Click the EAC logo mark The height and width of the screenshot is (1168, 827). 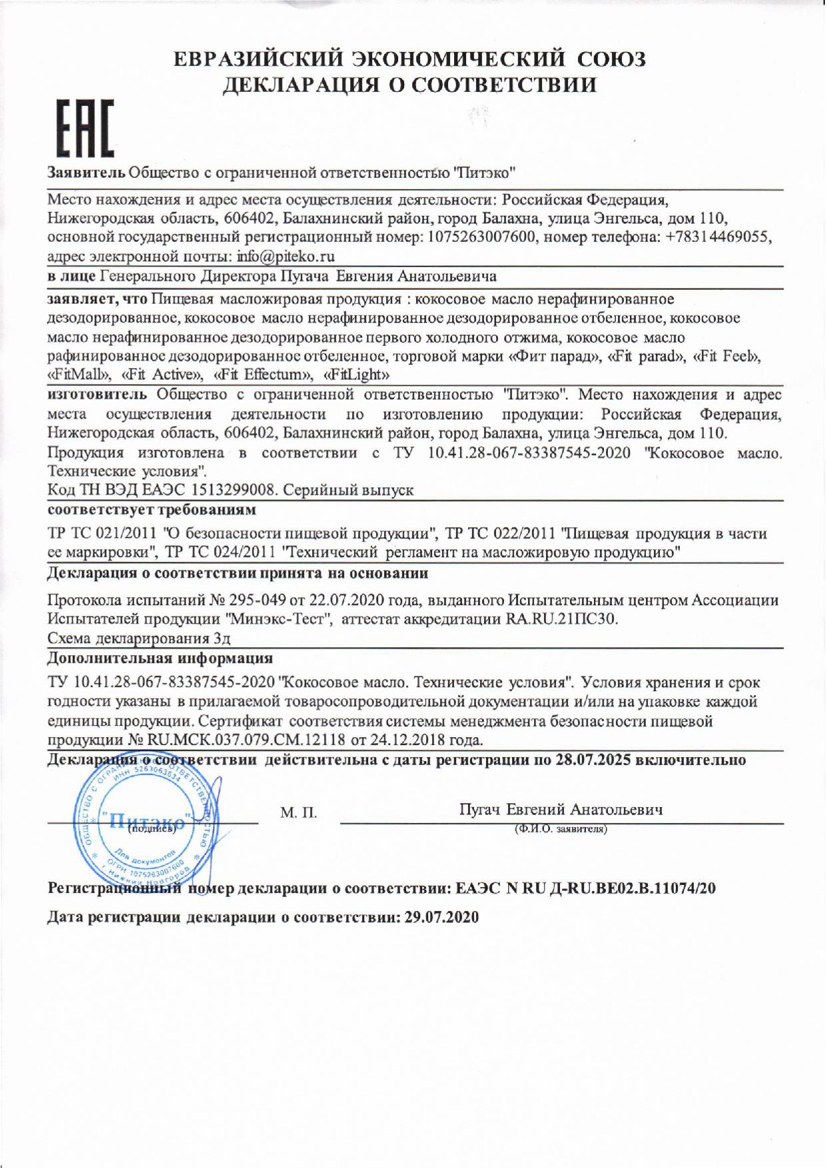pos(83,129)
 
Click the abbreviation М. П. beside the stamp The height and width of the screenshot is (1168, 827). pos(298,813)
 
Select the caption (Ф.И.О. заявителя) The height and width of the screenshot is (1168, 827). pos(560,830)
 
